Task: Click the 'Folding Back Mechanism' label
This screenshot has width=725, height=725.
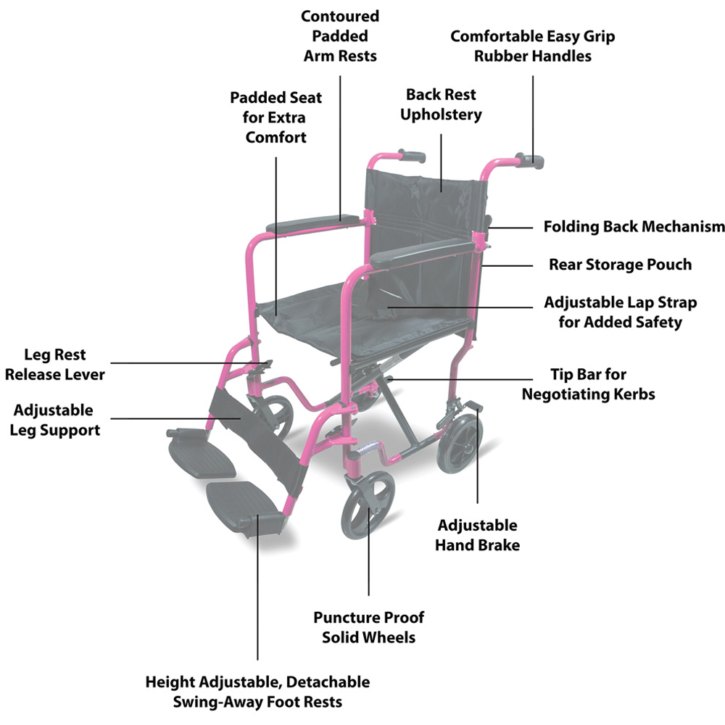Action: coord(634,227)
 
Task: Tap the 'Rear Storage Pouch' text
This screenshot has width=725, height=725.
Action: coord(620,265)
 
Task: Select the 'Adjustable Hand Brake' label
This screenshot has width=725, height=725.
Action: coord(477,535)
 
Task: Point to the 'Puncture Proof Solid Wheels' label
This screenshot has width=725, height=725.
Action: coord(368,627)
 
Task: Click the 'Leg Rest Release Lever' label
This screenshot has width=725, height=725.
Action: coord(55,365)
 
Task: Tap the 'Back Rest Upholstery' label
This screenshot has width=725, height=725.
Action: coord(441,104)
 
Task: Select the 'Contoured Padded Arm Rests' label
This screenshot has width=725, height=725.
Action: coord(340,36)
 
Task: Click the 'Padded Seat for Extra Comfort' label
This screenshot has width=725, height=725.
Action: coord(275,117)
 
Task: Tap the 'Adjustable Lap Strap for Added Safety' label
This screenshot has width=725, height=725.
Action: coord(620,312)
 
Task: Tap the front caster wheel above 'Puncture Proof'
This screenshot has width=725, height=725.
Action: coord(366,510)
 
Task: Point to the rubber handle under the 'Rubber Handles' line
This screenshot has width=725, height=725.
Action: coord(532,160)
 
